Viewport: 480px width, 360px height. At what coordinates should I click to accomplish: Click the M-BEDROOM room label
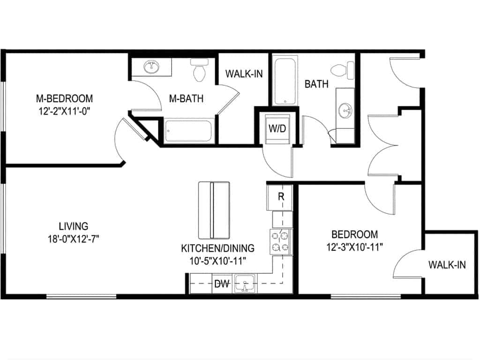click(64, 98)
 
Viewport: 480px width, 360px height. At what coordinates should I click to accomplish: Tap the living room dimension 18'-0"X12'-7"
click(70, 238)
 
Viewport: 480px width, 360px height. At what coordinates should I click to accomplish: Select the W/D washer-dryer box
click(277, 128)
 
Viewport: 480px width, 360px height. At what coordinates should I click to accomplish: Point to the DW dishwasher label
click(221, 283)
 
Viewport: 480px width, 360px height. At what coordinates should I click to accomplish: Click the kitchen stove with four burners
click(280, 242)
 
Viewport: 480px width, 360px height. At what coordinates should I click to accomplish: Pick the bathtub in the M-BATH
click(189, 131)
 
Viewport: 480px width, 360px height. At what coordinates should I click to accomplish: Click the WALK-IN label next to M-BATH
click(243, 74)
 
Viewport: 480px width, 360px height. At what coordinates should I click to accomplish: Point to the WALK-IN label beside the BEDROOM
click(447, 265)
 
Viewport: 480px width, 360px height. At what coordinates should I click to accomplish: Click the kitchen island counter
click(214, 210)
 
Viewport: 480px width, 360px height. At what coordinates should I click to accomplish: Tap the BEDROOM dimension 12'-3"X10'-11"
click(354, 247)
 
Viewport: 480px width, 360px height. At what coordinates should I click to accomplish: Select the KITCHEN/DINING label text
click(217, 248)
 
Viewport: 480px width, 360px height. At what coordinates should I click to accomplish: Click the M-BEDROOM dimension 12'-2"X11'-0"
click(64, 111)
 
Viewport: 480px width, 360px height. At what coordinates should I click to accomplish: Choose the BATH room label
click(316, 84)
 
